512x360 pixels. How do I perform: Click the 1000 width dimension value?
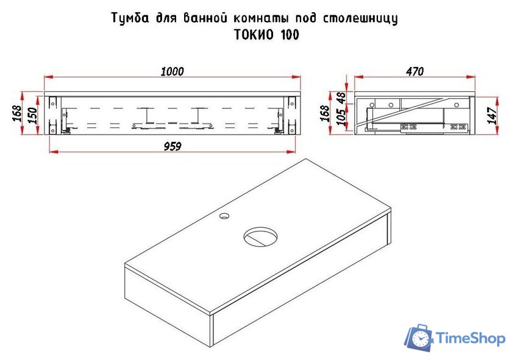pos(172,71)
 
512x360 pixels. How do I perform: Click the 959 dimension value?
pos(172,146)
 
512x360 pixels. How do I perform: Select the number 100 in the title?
pos(290,35)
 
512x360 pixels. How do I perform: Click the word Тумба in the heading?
pos(128,18)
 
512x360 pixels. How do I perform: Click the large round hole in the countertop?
pos(261,236)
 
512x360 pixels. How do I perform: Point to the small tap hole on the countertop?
pos(225,215)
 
